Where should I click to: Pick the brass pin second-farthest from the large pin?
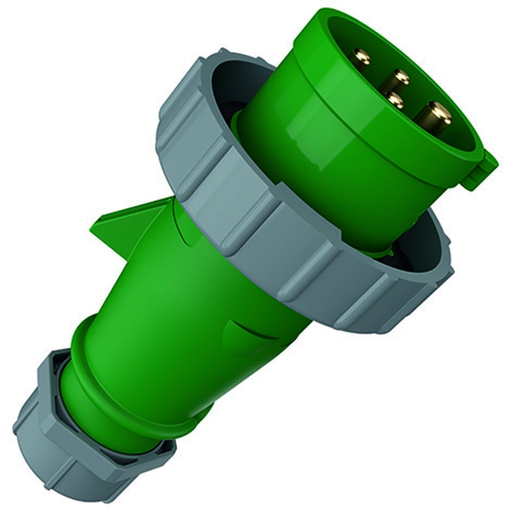coord(401,78)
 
